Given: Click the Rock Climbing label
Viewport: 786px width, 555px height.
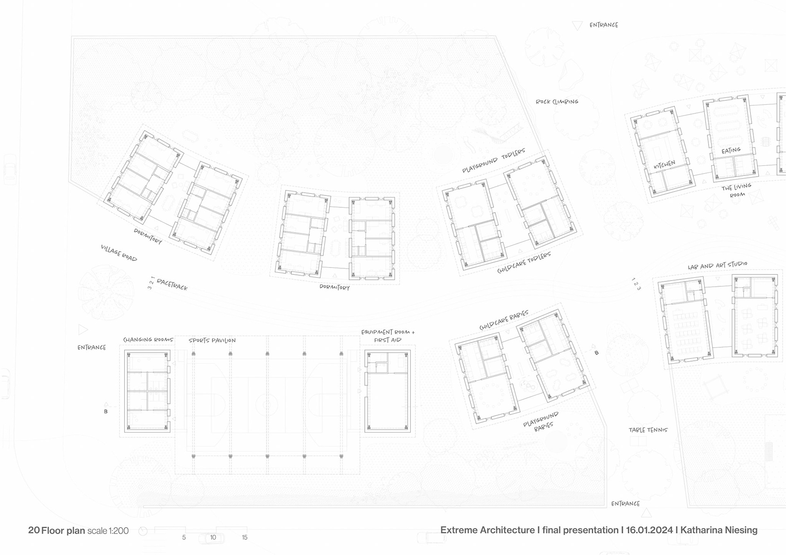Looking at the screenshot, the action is click(557, 101).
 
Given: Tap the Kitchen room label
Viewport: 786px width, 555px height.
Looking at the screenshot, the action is click(664, 164).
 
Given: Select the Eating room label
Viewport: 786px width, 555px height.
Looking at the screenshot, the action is click(731, 151).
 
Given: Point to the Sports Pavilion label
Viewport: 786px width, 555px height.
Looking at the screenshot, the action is click(212, 340).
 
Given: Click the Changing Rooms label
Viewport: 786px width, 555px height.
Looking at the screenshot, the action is click(148, 339).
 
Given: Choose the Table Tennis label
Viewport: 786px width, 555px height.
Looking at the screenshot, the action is click(648, 430).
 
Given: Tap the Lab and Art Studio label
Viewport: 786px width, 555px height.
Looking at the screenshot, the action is click(717, 265).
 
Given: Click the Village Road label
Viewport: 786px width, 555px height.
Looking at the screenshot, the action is click(119, 253).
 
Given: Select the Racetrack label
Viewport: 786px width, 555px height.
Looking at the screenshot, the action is click(172, 284).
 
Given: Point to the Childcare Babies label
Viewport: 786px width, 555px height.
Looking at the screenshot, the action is click(504, 320).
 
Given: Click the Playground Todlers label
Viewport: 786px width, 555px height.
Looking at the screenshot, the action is click(493, 160).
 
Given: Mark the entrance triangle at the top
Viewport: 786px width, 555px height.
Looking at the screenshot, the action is click(577, 26).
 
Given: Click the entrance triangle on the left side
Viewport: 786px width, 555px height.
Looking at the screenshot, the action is click(83, 329).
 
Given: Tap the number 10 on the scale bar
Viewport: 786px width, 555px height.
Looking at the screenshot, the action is click(213, 537).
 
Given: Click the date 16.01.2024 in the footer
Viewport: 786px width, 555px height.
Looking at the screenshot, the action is click(649, 530).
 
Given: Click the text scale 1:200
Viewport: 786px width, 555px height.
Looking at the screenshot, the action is click(108, 530).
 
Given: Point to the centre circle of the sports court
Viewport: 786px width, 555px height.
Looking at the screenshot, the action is click(267, 405).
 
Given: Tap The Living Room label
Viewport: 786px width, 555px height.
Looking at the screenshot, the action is click(736, 191).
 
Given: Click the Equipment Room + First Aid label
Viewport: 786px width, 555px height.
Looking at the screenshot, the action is click(388, 336).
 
